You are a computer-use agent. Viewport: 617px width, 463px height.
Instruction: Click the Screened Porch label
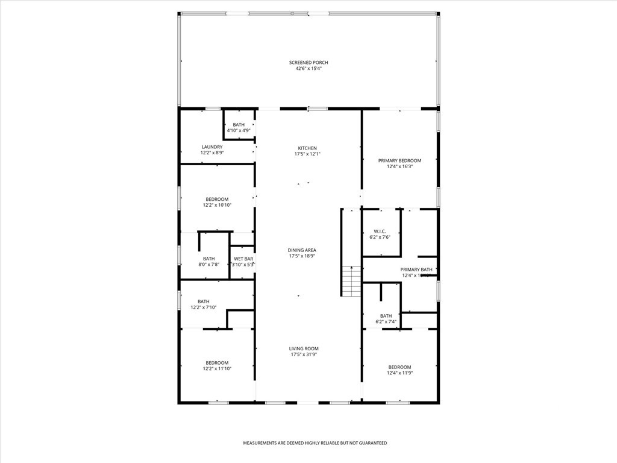[308, 63]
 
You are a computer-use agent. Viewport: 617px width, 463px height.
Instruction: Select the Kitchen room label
[307, 148]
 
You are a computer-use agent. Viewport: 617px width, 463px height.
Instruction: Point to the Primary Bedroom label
[399, 160]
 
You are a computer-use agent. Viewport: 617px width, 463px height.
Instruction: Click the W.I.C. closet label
[380, 231]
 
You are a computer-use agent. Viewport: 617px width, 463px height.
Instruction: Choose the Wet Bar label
[243, 259]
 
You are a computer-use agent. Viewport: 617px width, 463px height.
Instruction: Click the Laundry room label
[212, 147]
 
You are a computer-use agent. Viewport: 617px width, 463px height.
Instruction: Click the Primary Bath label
[416, 269]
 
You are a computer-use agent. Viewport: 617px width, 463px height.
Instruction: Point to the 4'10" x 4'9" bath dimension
[239, 130]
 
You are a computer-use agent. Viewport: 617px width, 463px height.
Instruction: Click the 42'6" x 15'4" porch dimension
[308, 69]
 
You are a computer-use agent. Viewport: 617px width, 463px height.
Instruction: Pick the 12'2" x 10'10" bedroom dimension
[217, 205]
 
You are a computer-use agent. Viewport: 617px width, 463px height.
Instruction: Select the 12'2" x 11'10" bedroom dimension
[217, 368]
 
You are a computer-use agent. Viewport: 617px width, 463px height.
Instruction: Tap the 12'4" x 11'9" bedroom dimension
[399, 373]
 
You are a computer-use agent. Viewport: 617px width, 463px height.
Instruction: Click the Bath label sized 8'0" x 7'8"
[209, 259]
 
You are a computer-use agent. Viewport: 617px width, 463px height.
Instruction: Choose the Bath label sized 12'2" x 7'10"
[204, 301]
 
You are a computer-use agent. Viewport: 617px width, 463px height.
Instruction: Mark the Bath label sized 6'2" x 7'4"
[386, 316]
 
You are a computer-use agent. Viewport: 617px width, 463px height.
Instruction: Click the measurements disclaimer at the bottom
[315, 443]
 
